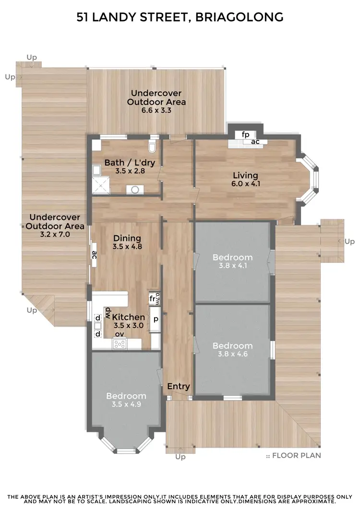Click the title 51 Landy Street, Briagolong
[180, 18]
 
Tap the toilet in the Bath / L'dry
[153, 146]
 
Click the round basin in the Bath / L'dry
[135, 189]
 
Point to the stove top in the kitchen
[120, 343]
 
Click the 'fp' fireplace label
[245, 134]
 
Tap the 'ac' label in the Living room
[255, 142]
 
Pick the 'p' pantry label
[156, 317]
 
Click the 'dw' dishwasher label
[108, 311]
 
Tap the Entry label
[179, 386]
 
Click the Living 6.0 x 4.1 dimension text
[245, 184]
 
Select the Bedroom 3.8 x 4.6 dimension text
[232, 355]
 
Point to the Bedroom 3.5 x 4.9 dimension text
[126, 404]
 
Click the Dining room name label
[127, 238]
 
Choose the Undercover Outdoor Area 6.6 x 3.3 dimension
[156, 110]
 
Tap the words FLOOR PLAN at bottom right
[296, 455]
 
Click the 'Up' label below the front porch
[180, 457]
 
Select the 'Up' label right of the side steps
[349, 241]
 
